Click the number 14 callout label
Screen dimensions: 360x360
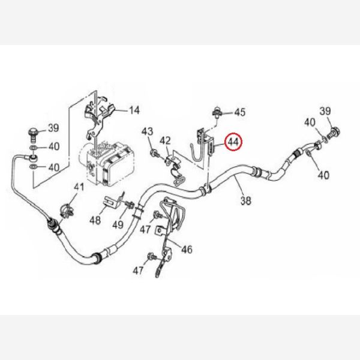click(133, 110)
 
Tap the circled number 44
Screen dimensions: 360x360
click(232, 142)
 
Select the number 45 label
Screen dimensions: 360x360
click(239, 112)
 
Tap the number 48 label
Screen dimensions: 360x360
click(96, 220)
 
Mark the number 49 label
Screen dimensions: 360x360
click(118, 225)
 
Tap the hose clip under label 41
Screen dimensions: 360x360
click(67, 212)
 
